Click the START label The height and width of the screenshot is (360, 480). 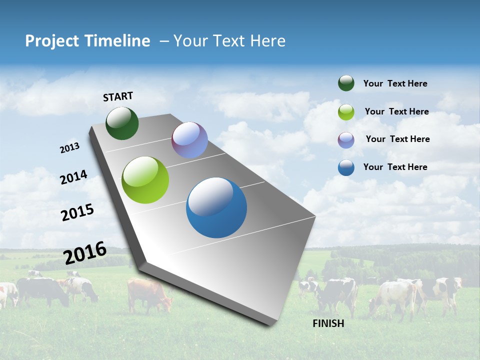pos(118,96)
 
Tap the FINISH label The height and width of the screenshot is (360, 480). pos(328,323)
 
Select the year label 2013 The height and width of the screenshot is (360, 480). pos(70,148)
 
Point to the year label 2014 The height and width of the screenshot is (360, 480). pos(74,177)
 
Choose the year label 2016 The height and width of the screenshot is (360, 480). pos(85,253)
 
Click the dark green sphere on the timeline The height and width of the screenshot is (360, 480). pos(122,123)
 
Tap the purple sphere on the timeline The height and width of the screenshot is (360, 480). pos(189,140)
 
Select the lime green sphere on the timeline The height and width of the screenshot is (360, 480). pos(145,180)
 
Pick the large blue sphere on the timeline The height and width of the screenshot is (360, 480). pos(216,207)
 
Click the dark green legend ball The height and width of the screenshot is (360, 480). pos(346,83)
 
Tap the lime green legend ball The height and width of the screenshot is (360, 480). pos(346,111)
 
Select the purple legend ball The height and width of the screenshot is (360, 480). pos(346,139)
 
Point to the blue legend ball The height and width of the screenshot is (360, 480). pos(346,167)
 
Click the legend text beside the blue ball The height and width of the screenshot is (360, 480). pos(395,167)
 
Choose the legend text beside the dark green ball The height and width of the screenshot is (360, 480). pos(395,83)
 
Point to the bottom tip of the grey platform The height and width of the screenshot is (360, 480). pos(270,324)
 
